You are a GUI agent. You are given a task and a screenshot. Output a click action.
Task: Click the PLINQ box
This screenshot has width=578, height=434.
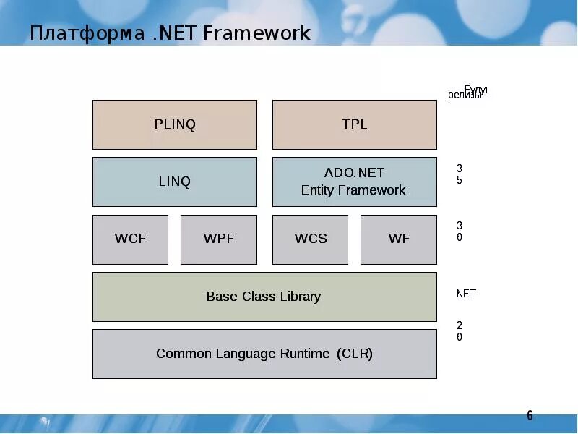pyautogui.click(x=175, y=124)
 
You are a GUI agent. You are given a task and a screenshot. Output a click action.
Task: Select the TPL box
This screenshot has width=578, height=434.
pyautogui.click(x=354, y=124)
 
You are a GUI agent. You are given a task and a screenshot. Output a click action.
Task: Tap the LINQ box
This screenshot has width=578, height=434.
pyautogui.click(x=175, y=182)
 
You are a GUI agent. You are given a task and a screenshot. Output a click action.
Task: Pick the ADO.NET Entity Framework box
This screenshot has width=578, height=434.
pyautogui.click(x=354, y=182)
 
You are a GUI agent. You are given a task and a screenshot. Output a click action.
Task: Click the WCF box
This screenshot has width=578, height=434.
pyautogui.click(x=130, y=239)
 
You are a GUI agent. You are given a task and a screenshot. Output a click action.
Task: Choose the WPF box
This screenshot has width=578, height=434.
pyautogui.click(x=218, y=239)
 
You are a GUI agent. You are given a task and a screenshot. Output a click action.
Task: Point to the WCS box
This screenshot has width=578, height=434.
pyautogui.click(x=311, y=239)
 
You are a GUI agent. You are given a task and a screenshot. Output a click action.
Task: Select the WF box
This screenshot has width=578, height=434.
pyautogui.click(x=399, y=239)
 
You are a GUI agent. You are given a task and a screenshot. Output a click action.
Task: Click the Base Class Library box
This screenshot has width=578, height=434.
pyautogui.click(x=264, y=297)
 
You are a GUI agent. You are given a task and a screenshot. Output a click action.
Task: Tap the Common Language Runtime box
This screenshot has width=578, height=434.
pyautogui.click(x=264, y=354)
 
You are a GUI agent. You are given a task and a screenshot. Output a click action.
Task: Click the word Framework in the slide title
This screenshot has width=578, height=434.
pyautogui.click(x=257, y=33)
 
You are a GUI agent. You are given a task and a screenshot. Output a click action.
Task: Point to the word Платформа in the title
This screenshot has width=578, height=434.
pyautogui.click(x=87, y=33)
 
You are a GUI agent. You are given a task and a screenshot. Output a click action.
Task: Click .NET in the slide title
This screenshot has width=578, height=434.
pyautogui.click(x=175, y=33)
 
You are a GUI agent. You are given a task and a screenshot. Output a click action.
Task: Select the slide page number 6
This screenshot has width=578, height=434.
pyautogui.click(x=530, y=415)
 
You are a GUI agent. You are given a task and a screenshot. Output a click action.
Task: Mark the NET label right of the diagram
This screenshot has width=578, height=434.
pyautogui.click(x=466, y=294)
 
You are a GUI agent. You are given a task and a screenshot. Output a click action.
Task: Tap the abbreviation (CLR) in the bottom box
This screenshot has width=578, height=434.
pyautogui.click(x=355, y=354)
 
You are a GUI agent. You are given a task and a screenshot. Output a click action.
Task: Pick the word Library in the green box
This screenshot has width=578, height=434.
pyautogui.click(x=298, y=297)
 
